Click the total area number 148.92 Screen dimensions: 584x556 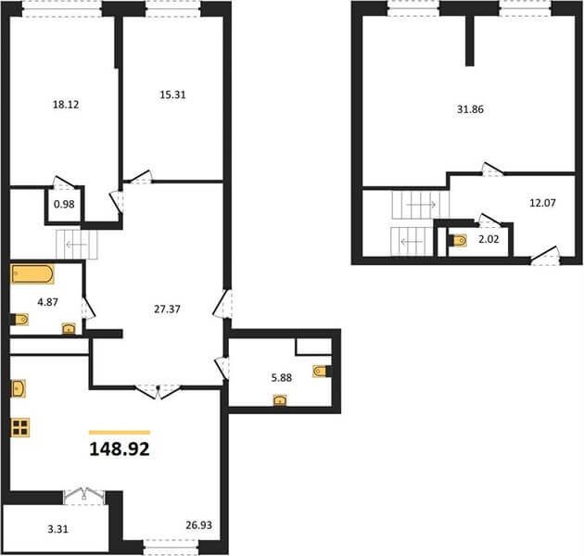point(120,449)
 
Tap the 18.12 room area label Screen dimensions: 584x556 point(66,105)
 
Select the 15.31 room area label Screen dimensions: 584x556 point(172,95)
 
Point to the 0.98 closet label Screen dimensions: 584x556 point(64,204)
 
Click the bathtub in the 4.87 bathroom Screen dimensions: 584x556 point(32,274)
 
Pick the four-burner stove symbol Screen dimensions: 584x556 point(20,427)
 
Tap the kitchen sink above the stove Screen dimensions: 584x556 point(19,389)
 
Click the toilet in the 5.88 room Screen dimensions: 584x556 point(323,372)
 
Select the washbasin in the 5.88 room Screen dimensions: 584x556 point(280,400)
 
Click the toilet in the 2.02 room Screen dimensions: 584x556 point(458,241)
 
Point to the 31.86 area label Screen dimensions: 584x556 point(470,109)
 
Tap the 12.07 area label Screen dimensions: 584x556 point(542,203)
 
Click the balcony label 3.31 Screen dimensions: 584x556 point(58,529)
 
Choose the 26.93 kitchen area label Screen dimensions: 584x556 point(199,525)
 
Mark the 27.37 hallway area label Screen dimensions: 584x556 point(167,309)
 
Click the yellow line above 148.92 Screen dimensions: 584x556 point(120,433)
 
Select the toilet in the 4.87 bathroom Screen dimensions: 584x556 point(19,320)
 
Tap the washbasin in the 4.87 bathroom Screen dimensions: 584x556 point(69,328)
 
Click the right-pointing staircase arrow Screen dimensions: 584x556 point(421,205)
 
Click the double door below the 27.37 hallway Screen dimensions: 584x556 point(158,391)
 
